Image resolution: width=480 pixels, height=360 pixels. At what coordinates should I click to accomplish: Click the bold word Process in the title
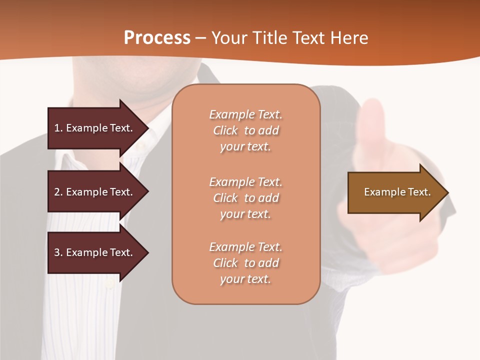tap(157, 38)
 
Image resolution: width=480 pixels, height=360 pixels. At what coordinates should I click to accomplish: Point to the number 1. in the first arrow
tap(58, 128)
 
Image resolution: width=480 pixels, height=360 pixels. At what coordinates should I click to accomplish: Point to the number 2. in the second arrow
tap(58, 192)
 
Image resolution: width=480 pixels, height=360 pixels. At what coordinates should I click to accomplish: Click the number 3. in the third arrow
tap(58, 252)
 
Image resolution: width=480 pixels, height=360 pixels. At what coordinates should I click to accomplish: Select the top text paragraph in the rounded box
tap(245, 130)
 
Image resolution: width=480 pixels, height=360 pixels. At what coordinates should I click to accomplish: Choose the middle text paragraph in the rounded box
tap(245, 198)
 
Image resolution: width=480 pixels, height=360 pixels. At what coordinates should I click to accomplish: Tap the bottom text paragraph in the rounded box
tap(245, 263)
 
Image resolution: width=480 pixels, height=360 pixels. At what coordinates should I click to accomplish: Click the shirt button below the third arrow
tap(109, 285)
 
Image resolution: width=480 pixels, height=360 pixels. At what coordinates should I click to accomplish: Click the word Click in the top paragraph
tap(225, 130)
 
